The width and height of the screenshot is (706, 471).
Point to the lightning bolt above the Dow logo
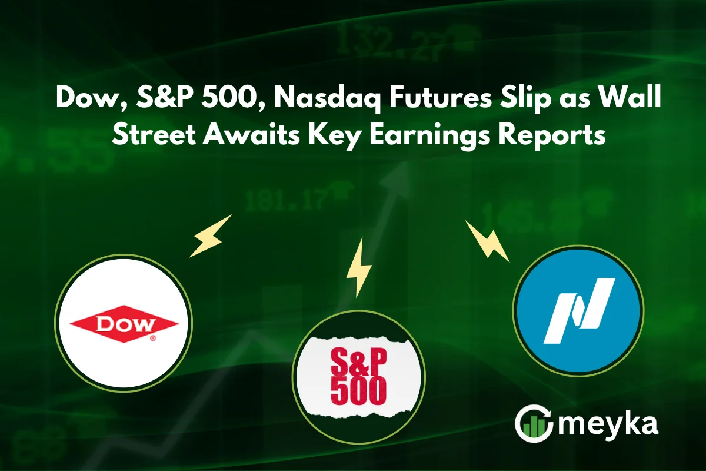[211, 236]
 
